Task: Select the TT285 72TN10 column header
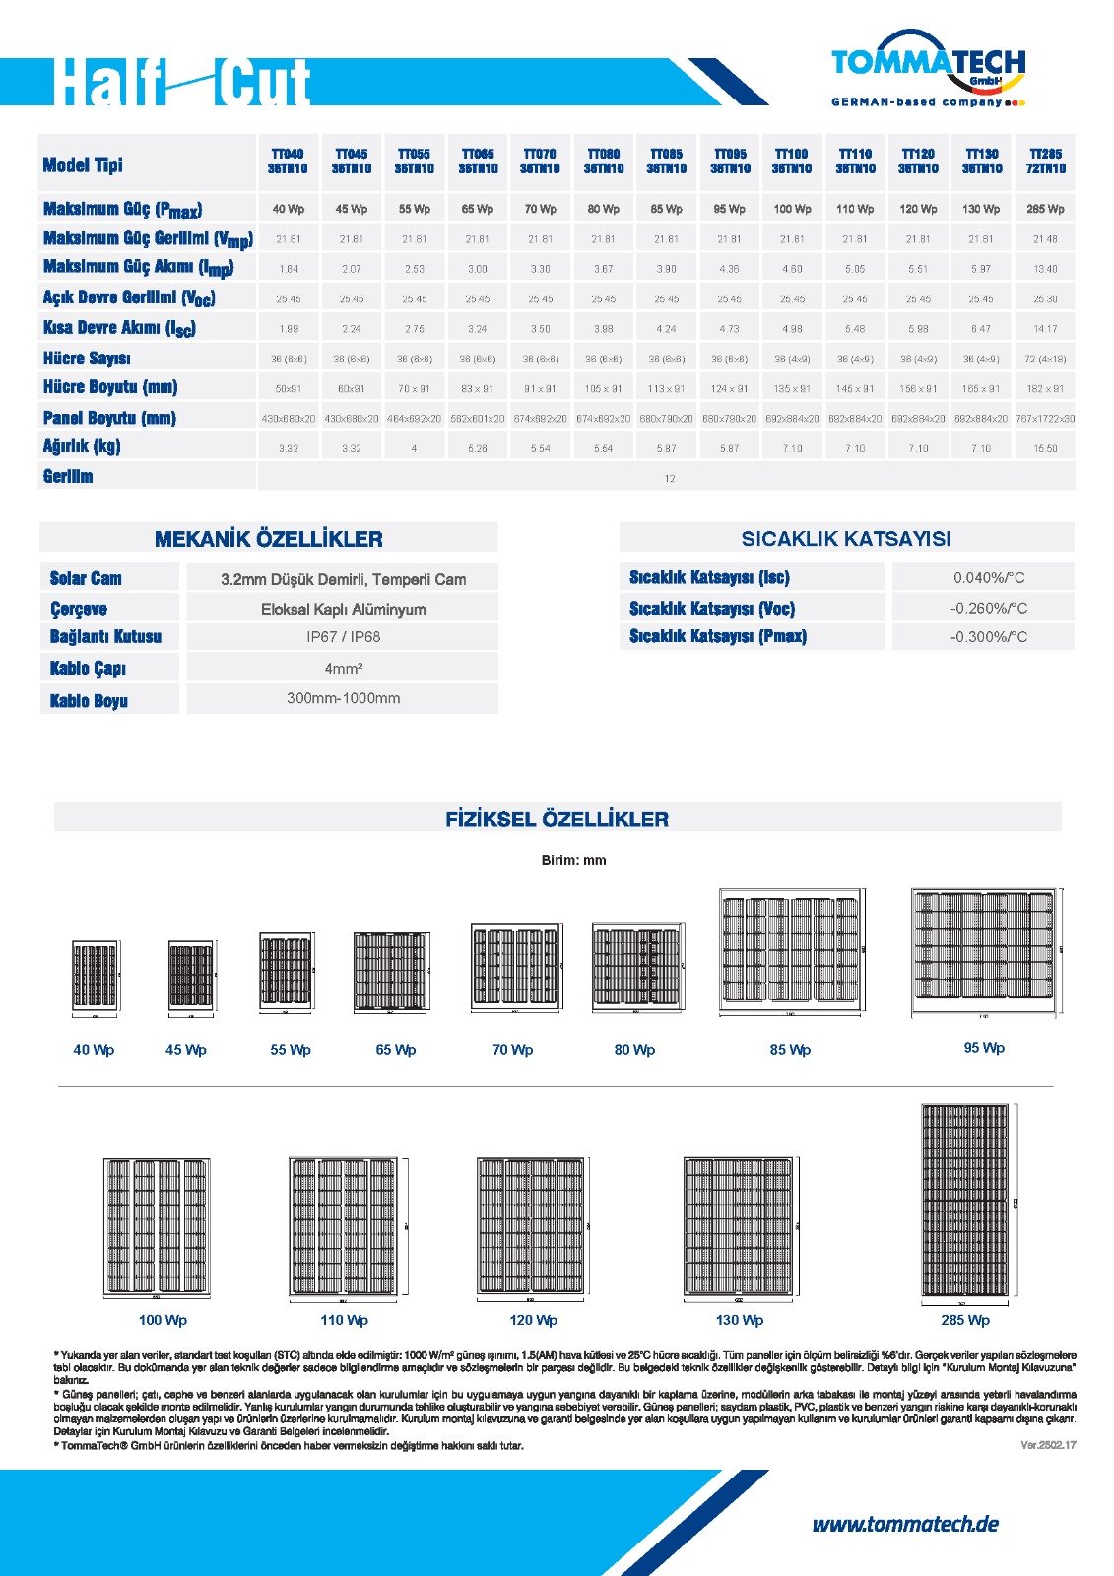[x=1045, y=162]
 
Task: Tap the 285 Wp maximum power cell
[x=1045, y=209]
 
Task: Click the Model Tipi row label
[x=83, y=164]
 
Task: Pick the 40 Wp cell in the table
[x=288, y=209]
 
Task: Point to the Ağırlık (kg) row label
[x=82, y=446]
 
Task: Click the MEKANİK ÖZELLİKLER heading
[x=268, y=539]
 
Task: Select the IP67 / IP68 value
[x=343, y=637]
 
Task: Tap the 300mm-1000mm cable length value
[x=343, y=698]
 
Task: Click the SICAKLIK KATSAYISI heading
[x=845, y=539]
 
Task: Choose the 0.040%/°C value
[x=988, y=578]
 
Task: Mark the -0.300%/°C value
[x=988, y=637]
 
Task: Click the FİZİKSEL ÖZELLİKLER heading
[x=557, y=819]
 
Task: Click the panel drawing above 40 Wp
[x=96, y=973]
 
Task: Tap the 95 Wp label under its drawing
[x=984, y=1048]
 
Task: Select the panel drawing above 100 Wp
[x=158, y=1226]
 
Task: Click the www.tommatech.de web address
[x=904, y=1525]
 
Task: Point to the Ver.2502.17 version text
[x=1048, y=1445]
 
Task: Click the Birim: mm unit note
[x=573, y=860]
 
